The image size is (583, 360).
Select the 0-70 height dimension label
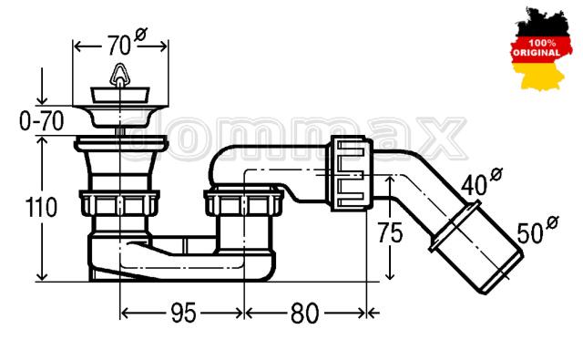click(42, 121)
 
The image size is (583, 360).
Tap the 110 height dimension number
click(41, 207)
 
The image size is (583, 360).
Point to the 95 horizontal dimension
click(183, 313)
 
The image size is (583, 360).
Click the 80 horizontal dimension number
click(304, 313)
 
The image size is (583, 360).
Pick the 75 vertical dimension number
click(390, 232)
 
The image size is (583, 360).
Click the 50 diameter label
click(537, 230)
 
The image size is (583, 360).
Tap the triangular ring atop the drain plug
click(119, 75)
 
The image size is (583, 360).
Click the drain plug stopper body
click(120, 95)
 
